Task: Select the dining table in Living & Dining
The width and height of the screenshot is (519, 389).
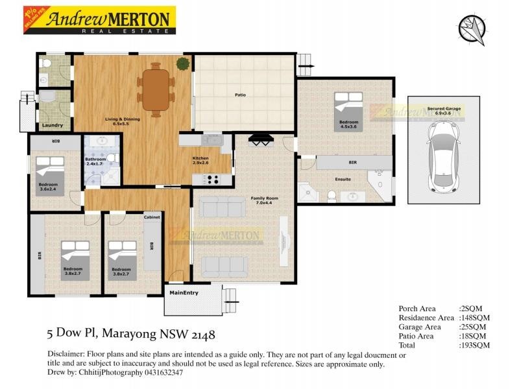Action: pyautogui.click(x=156, y=89)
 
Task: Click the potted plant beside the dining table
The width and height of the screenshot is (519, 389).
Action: pyautogui.click(x=183, y=64)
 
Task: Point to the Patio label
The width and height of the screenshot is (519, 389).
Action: pyautogui.click(x=240, y=95)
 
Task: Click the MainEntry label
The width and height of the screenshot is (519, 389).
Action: pyautogui.click(x=184, y=292)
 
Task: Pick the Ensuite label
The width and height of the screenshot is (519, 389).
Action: pyautogui.click(x=343, y=179)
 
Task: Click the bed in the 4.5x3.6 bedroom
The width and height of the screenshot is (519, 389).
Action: pyautogui.click(x=349, y=108)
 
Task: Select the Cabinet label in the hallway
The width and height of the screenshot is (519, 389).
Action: pyautogui.click(x=152, y=217)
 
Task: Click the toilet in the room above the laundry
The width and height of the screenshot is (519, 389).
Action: pyautogui.click(x=45, y=64)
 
